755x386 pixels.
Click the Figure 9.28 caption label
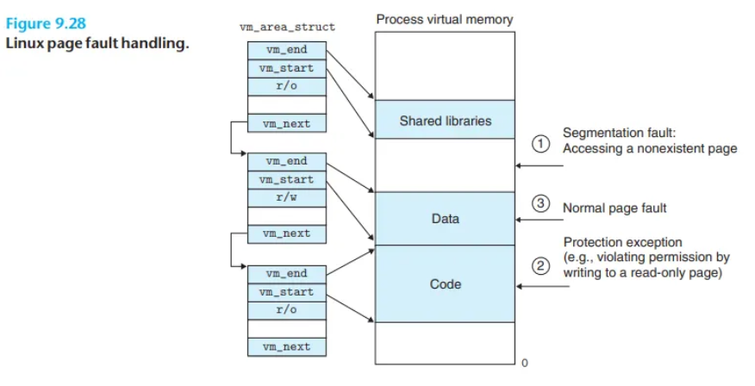(46, 23)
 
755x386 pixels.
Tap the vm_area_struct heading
(288, 28)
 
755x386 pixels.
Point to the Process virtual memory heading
(445, 20)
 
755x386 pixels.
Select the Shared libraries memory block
(445, 120)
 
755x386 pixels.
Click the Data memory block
(445, 219)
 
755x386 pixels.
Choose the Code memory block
(445, 284)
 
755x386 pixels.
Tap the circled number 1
(540, 143)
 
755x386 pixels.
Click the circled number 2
(540, 265)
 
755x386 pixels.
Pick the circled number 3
(540, 203)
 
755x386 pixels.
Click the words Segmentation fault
(619, 133)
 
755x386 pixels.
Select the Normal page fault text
(615, 208)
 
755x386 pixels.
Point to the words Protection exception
(622, 242)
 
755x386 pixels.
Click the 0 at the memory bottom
(524, 363)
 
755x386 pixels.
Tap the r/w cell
(287, 197)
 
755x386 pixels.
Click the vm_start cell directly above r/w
(287, 179)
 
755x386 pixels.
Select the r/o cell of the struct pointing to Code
(287, 310)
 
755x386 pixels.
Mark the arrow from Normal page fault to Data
(540, 220)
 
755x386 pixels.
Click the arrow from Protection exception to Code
(542, 286)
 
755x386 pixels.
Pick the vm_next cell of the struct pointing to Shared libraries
(287, 123)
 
